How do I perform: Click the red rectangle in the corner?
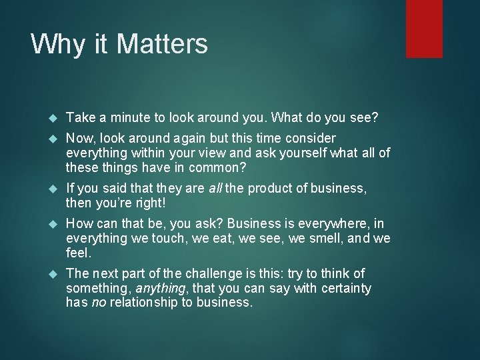424,29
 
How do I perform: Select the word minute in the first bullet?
123,118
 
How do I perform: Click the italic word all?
215,189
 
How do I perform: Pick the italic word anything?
160,287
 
